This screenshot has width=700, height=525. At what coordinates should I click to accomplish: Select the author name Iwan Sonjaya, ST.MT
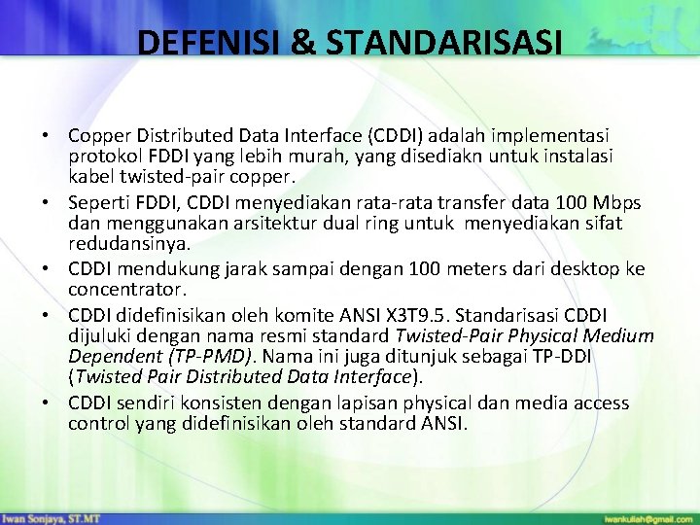point(52,517)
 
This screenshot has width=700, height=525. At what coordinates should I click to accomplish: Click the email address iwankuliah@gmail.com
point(648,517)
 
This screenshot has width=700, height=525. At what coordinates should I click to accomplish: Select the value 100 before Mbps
point(566,202)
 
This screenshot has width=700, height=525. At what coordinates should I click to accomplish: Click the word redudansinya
point(129,245)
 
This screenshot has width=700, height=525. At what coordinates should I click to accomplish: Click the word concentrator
point(125,290)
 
